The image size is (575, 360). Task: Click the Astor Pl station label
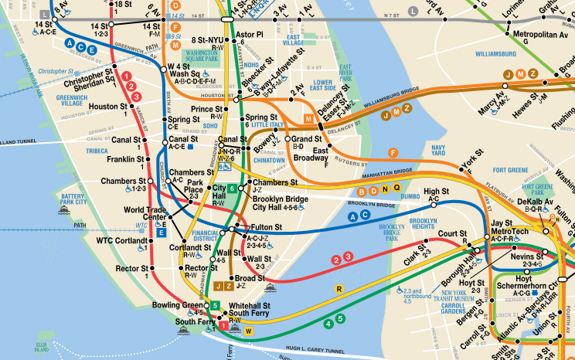click(249, 35)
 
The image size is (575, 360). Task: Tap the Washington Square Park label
click(199, 54)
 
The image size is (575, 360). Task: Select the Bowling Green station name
click(179, 304)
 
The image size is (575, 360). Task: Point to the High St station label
click(436, 191)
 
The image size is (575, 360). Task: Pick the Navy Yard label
click(439, 150)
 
